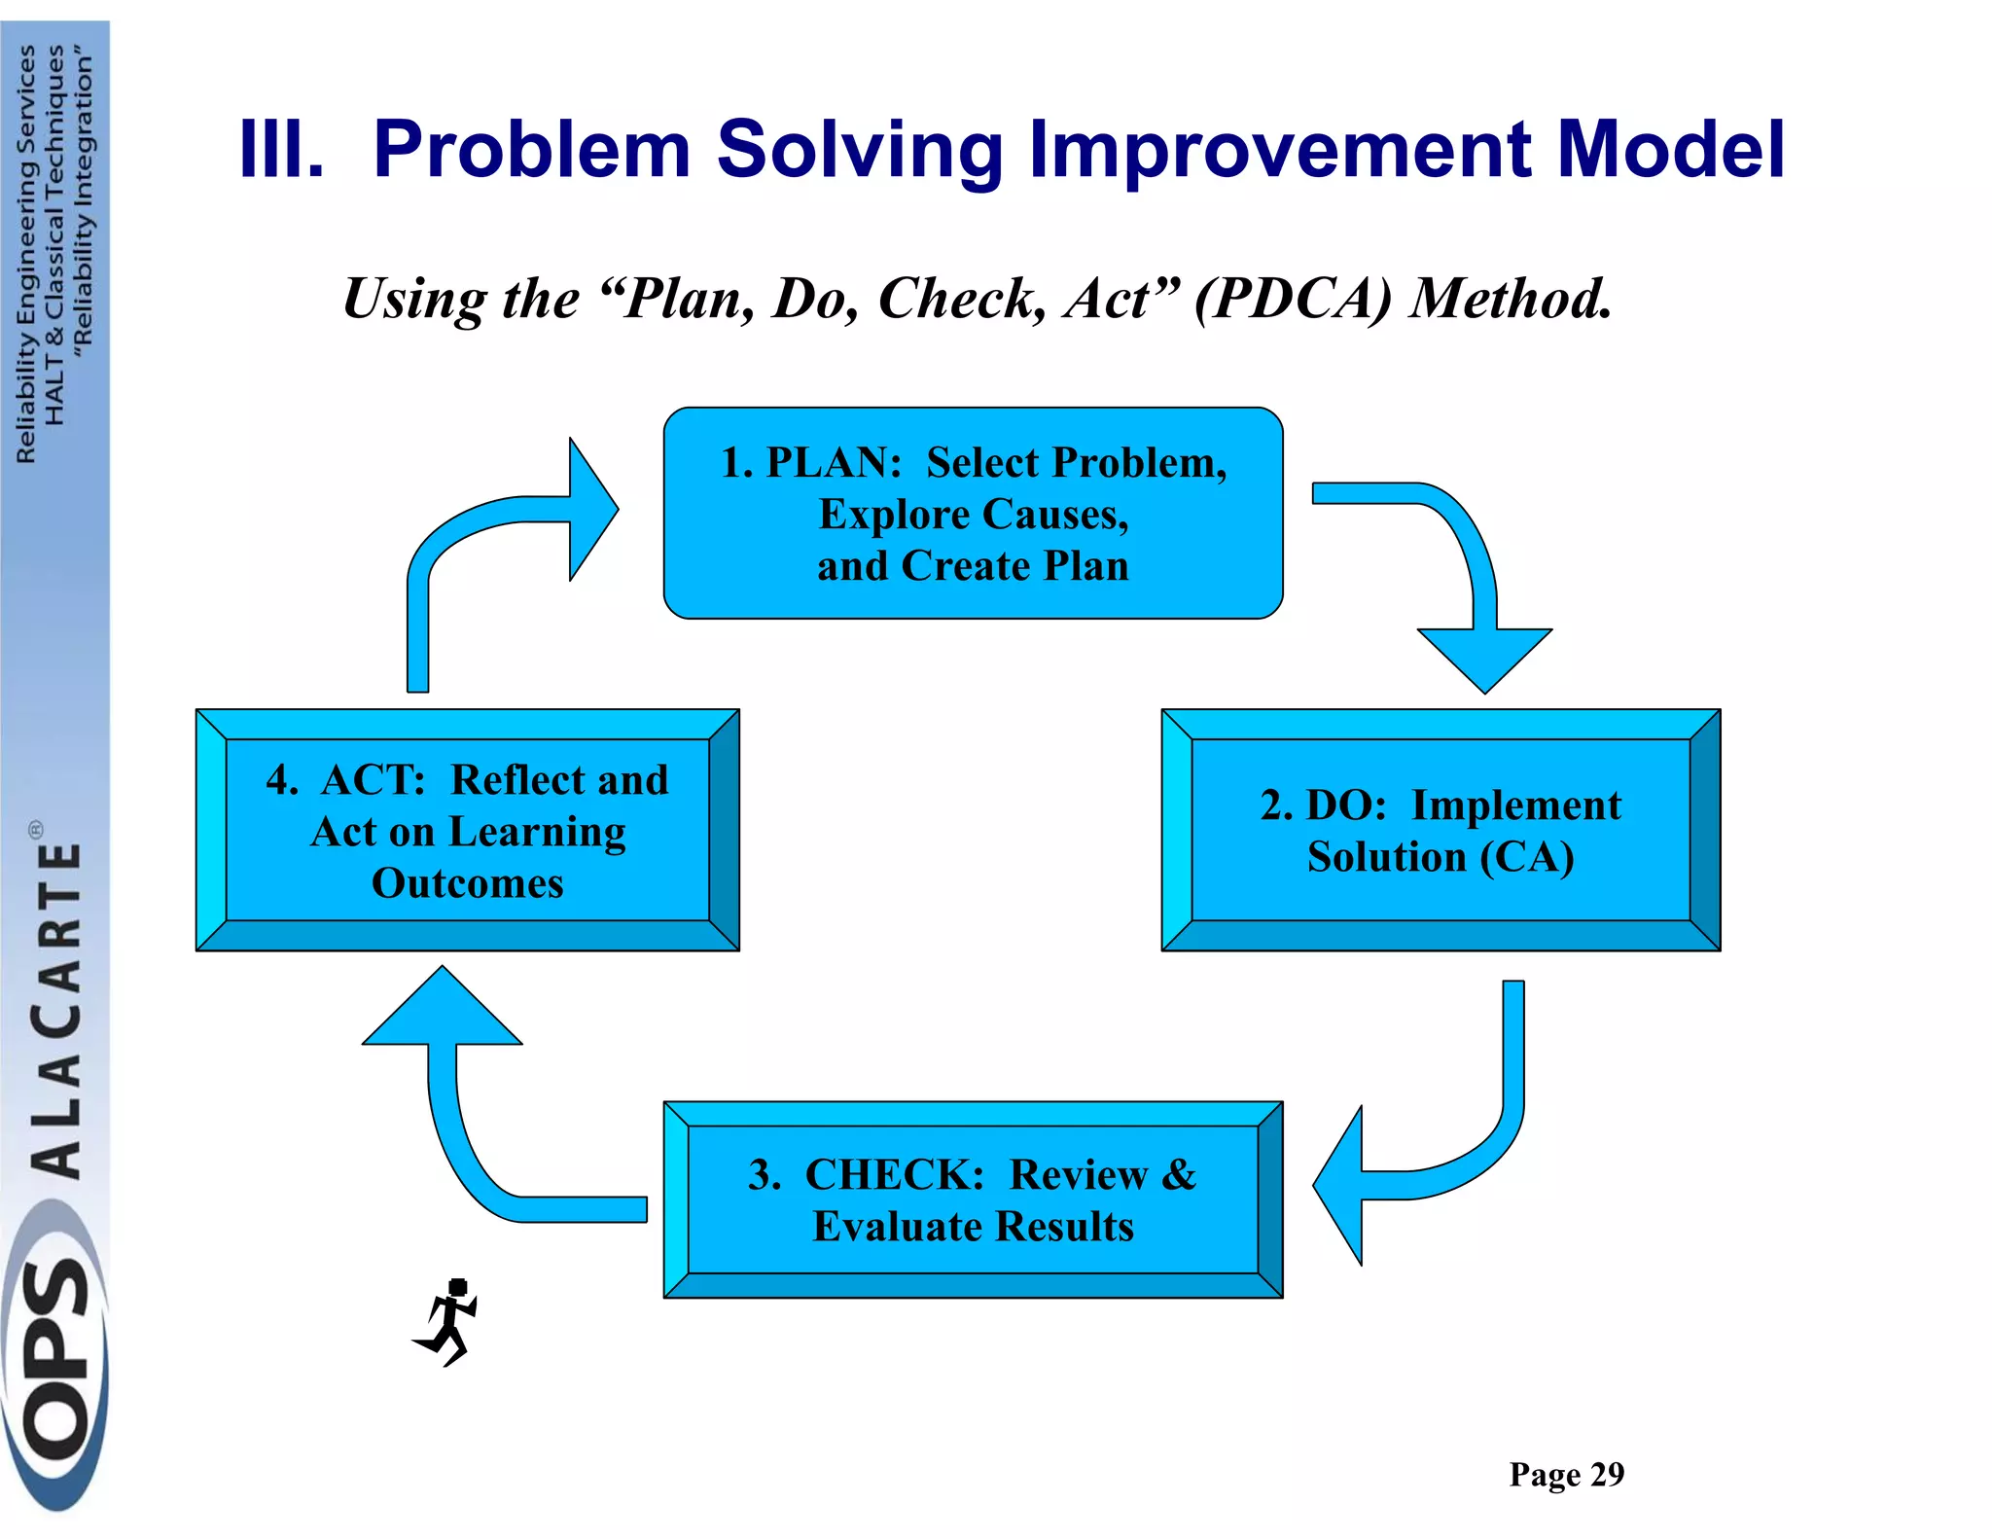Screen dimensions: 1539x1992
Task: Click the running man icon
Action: (448, 1321)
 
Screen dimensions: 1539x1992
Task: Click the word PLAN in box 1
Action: (834, 463)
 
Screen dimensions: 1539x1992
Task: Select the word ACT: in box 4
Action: (374, 780)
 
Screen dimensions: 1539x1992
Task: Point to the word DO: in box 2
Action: (1346, 805)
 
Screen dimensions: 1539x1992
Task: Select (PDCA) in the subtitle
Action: (1294, 299)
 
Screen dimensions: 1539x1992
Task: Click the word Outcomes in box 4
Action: (467, 883)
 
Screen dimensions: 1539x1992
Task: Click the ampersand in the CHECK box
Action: (1179, 1174)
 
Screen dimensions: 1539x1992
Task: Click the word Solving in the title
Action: (860, 150)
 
